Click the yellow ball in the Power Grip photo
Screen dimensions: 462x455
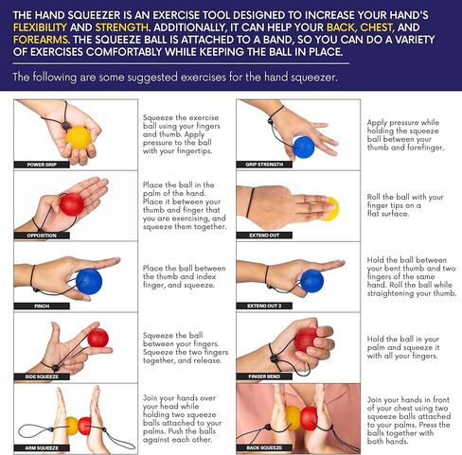tap(79, 138)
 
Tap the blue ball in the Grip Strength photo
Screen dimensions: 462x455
tap(304, 147)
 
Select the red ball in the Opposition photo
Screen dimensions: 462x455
tap(72, 204)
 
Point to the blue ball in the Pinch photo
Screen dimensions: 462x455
tap(89, 281)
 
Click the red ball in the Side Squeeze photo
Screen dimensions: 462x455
tap(98, 338)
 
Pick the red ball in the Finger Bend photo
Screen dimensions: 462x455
tap(306, 340)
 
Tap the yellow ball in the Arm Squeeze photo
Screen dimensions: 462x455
tap(72, 426)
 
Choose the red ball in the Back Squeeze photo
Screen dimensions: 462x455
tap(309, 418)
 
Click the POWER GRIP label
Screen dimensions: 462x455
tap(42, 165)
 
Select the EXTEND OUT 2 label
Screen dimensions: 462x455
tap(264, 306)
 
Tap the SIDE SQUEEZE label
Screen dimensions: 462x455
tap(42, 376)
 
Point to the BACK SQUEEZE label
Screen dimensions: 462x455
tap(264, 447)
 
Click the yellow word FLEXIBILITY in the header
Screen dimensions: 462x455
tap(40, 27)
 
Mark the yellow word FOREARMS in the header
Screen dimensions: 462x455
tap(42, 40)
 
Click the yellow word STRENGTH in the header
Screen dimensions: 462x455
tap(122, 27)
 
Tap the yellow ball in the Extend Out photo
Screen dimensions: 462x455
tap(330, 209)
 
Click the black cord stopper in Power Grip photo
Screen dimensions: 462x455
tap(65, 126)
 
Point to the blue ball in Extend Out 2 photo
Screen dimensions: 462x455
tap(311, 281)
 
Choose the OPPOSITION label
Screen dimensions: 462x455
tap(42, 236)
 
